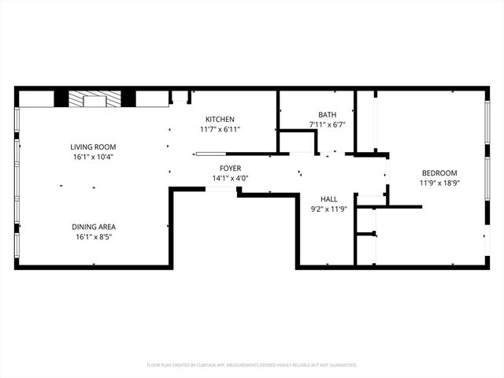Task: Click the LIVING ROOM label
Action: [x=93, y=146]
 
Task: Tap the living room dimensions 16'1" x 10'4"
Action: [x=93, y=157]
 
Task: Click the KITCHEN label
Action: [x=219, y=119]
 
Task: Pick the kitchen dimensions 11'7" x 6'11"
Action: [x=219, y=129]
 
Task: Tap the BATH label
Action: [x=327, y=114]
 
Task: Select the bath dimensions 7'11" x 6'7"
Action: [x=327, y=124]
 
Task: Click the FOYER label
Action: [x=230, y=169]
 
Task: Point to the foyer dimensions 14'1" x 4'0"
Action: [x=230, y=179]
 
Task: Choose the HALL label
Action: [x=329, y=199]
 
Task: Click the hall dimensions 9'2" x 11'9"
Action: [x=329, y=209]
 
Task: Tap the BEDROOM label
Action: [x=439, y=172]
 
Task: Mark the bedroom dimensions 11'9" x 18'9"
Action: [x=439, y=183]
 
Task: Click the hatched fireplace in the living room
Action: [x=94, y=99]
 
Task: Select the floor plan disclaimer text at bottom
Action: [x=252, y=365]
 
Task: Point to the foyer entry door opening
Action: [x=221, y=189]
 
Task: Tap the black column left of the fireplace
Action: [x=61, y=99]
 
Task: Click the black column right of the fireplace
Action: [x=128, y=99]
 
